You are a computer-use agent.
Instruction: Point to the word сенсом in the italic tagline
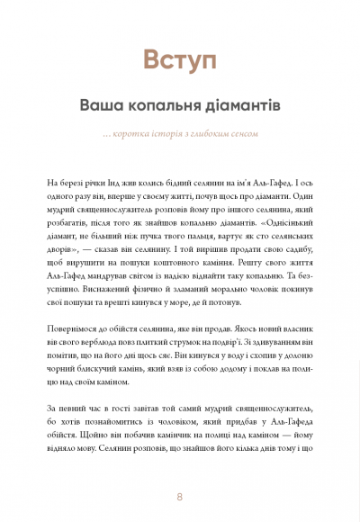point(242,134)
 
